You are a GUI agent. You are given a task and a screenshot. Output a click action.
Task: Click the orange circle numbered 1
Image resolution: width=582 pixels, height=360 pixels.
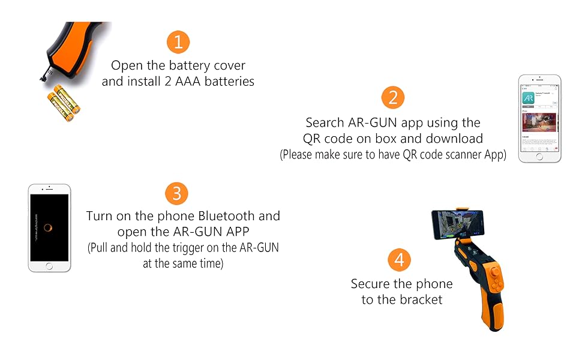(178, 41)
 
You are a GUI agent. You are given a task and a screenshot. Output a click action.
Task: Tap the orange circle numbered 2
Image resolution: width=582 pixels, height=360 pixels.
(392, 98)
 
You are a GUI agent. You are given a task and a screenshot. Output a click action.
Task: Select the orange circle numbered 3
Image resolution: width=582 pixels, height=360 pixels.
(176, 193)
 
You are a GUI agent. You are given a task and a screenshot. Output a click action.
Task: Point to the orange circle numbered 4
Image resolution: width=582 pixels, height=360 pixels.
(400, 260)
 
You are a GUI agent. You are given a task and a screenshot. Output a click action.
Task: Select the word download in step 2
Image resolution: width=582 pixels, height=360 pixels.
(454, 139)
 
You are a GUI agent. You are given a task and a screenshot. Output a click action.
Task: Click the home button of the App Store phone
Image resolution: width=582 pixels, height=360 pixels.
(539, 156)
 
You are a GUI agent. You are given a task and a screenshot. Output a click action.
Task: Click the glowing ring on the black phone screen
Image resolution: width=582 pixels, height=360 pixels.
(49, 228)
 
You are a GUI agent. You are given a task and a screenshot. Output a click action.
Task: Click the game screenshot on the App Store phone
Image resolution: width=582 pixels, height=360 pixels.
(539, 122)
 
